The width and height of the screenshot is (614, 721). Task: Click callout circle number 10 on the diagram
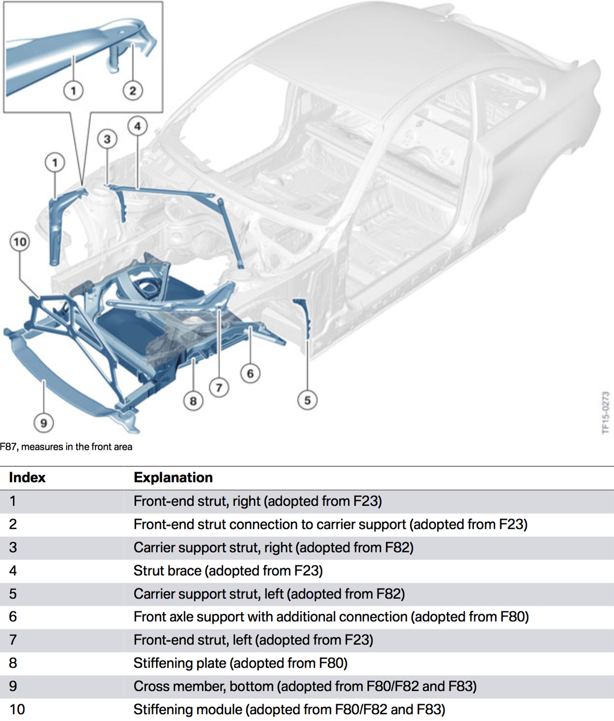click(20, 242)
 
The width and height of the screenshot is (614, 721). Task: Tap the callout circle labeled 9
click(43, 423)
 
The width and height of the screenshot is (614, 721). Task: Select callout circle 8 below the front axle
click(193, 401)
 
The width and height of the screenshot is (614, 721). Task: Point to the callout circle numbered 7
click(219, 387)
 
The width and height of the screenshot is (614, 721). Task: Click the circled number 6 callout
click(250, 374)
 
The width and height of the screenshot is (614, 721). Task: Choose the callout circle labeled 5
click(307, 400)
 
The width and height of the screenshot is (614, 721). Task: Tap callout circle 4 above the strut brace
click(137, 126)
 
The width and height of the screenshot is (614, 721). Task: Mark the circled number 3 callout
click(107, 139)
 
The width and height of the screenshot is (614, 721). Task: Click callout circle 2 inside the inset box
click(133, 91)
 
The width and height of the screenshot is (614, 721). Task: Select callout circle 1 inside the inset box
click(73, 91)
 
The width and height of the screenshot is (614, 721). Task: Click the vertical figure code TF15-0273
click(605, 412)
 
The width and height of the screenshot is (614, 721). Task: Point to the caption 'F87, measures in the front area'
click(66, 447)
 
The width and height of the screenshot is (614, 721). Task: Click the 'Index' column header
click(27, 477)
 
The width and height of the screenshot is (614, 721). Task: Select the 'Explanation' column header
click(173, 477)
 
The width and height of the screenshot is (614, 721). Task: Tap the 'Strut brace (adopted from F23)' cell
click(228, 571)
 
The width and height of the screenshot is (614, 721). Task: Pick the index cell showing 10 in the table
click(17, 709)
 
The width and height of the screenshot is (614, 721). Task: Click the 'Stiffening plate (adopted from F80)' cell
click(240, 663)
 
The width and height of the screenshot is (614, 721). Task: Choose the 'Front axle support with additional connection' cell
click(331, 617)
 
